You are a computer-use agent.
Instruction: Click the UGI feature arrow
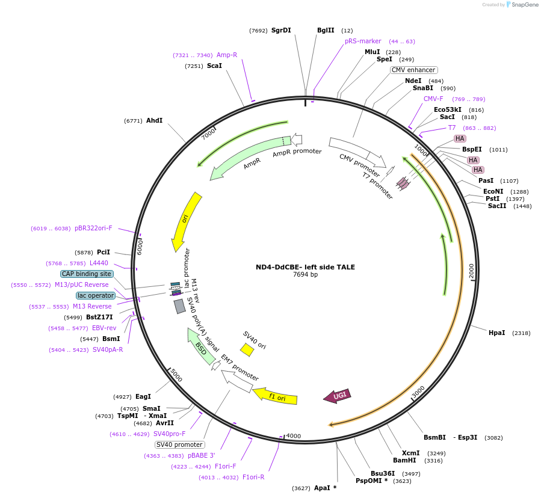click(337, 395)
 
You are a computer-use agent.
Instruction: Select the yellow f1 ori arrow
click(275, 396)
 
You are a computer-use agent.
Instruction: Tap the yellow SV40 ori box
click(247, 349)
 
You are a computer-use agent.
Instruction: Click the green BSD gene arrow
click(202, 346)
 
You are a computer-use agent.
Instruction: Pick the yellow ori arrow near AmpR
click(186, 221)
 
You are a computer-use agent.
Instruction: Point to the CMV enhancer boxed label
click(413, 70)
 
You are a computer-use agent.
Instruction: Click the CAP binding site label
click(87, 274)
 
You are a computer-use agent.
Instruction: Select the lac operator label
click(96, 295)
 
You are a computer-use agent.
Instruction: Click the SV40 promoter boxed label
click(179, 444)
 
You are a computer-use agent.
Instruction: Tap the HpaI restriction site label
click(496, 333)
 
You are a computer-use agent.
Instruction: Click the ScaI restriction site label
click(214, 66)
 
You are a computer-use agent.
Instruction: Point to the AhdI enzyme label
click(154, 120)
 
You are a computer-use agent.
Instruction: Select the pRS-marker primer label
click(363, 41)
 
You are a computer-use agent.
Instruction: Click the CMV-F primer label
click(433, 99)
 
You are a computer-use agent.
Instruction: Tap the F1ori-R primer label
click(253, 478)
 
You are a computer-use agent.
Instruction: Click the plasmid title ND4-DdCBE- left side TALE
click(305, 267)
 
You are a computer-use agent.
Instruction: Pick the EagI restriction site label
click(143, 396)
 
